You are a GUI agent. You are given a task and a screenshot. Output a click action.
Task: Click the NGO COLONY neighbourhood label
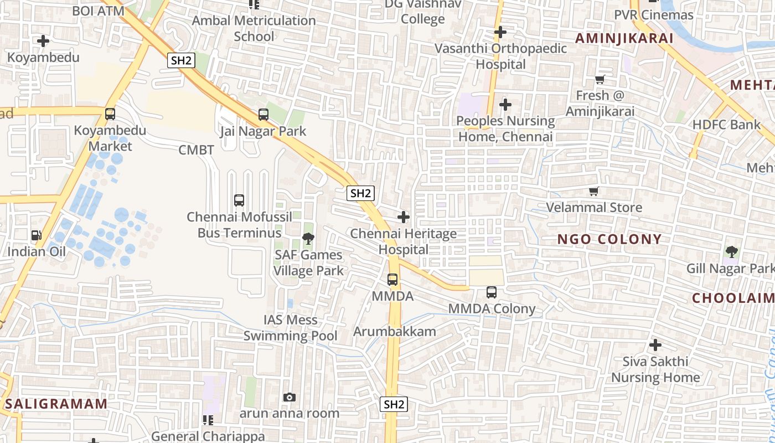(x=609, y=239)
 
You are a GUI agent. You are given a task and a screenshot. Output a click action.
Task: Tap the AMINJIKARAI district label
(x=624, y=38)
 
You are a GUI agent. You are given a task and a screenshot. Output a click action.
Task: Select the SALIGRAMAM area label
(x=56, y=404)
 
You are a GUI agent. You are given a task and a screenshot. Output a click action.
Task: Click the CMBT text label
(x=196, y=150)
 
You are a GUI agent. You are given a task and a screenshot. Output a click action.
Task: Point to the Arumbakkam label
(x=395, y=332)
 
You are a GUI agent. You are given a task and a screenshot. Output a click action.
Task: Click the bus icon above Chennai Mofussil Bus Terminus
(x=239, y=200)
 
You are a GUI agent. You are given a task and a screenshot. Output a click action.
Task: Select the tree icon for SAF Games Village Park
(x=308, y=239)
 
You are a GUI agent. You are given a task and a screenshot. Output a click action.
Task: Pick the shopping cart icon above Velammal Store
(x=594, y=192)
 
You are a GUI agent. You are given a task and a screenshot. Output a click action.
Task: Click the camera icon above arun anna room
(x=289, y=398)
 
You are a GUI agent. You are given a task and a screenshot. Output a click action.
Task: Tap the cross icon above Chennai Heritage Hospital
(x=404, y=217)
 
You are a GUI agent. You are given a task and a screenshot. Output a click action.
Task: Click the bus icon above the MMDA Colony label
(x=491, y=292)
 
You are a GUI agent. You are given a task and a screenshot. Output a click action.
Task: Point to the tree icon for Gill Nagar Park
(x=731, y=253)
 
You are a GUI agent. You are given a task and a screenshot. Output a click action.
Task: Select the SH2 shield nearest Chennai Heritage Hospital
(x=360, y=193)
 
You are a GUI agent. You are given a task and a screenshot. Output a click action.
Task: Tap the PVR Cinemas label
(x=653, y=15)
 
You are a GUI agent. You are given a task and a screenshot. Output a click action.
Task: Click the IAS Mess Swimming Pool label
(x=290, y=328)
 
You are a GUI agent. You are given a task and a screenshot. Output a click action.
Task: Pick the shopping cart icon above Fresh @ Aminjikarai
(x=600, y=80)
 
